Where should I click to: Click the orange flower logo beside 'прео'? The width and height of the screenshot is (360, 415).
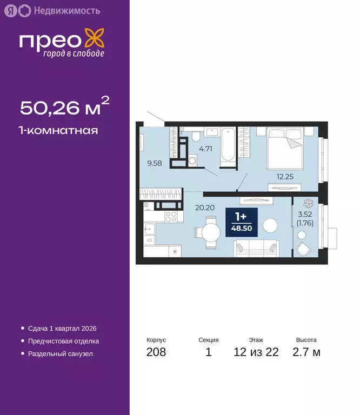[x=97, y=41]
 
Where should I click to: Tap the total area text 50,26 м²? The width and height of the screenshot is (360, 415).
[x=64, y=107]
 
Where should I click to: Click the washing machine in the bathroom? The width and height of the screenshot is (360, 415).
[x=193, y=160]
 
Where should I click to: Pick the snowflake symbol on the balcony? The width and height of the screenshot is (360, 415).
[x=309, y=204]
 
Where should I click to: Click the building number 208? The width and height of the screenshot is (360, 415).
[x=156, y=353]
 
